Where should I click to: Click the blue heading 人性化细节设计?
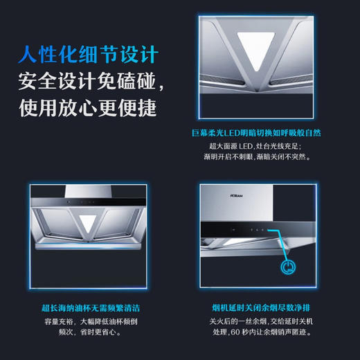[x=88, y=54]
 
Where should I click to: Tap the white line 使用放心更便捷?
[x=88, y=108]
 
